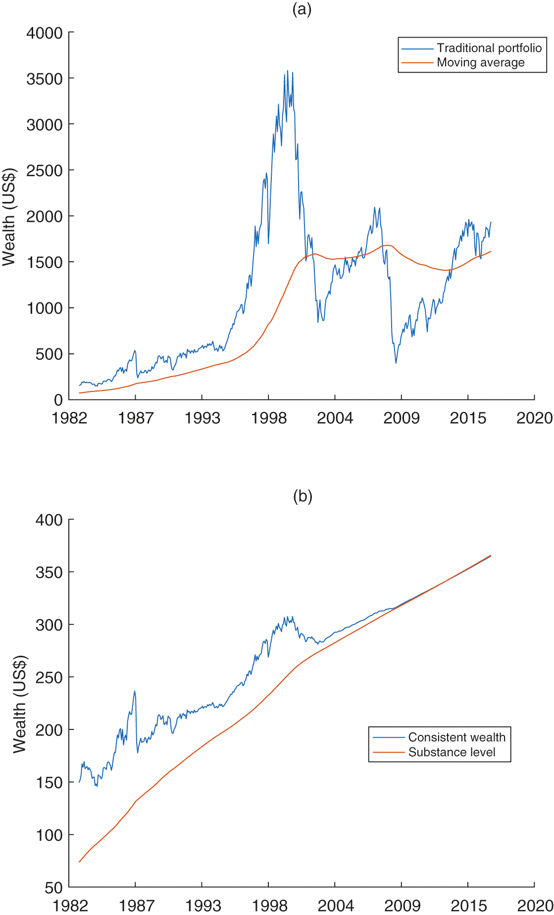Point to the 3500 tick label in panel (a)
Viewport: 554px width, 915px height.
click(45, 79)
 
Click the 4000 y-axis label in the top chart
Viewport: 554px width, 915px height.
click(45, 33)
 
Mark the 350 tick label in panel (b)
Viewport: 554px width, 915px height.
click(49, 573)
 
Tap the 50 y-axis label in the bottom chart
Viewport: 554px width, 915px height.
click(53, 888)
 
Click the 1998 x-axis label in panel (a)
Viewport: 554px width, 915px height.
click(269, 418)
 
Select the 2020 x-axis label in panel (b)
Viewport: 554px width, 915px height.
click(535, 906)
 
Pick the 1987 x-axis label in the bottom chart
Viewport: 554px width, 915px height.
click(136, 906)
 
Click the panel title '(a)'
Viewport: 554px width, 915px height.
click(302, 9)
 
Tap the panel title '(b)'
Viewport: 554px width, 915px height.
click(302, 496)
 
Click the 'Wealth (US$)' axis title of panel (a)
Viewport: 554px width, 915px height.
click(9, 217)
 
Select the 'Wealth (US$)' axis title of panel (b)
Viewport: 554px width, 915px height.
click(19, 704)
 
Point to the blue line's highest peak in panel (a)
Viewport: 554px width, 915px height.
click(288, 71)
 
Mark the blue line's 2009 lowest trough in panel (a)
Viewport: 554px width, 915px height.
click(396, 363)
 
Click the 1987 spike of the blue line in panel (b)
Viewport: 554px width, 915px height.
click(134, 691)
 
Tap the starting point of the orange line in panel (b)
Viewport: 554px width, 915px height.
click(79, 862)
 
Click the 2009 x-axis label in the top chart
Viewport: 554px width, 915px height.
click(402, 418)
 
